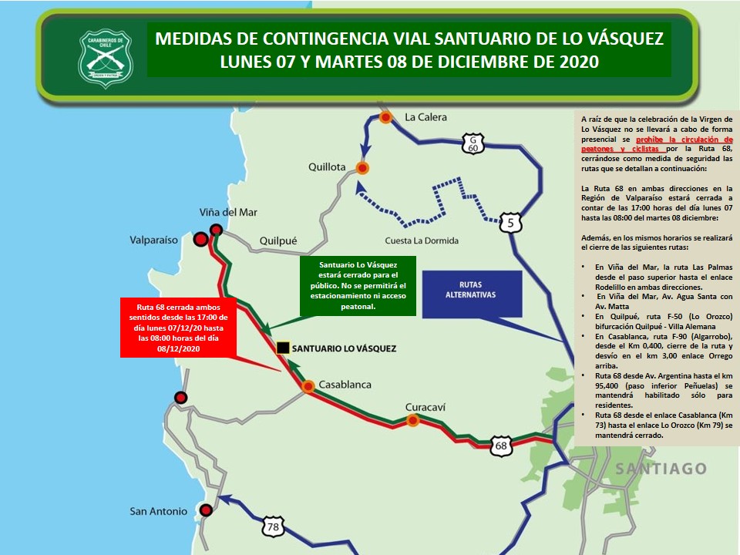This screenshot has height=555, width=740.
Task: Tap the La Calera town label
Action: click(x=425, y=117)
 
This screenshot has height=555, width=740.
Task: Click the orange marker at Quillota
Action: click(x=362, y=167)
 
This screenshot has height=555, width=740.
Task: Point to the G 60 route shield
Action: click(x=473, y=142)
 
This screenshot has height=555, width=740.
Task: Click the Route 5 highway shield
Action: click(x=510, y=224)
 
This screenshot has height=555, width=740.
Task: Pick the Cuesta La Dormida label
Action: click(x=421, y=240)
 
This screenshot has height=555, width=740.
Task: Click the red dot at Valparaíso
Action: click(x=200, y=240)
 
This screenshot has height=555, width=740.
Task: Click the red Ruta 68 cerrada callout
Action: click(x=177, y=327)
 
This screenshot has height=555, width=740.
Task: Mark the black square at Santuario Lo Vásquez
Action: click(x=283, y=348)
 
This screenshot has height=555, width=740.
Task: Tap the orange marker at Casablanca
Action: click(x=308, y=387)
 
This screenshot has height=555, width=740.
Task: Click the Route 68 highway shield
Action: click(x=502, y=446)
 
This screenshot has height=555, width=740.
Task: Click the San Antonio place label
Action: click(x=158, y=511)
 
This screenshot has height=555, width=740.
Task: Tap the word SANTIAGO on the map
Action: click(x=661, y=469)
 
